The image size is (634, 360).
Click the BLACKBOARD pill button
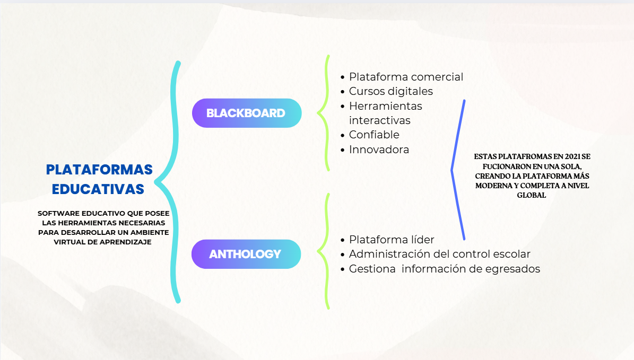point(247,113)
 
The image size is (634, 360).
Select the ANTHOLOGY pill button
point(246,254)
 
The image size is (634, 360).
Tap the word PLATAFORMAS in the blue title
point(99,170)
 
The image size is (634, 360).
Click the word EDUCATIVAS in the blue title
point(98,189)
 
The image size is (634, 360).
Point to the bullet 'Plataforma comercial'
point(406,77)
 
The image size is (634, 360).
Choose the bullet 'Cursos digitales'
point(390,91)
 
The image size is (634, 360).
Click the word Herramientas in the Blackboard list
point(385,106)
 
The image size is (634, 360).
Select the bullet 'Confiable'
point(374,135)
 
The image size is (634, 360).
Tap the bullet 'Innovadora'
point(379,150)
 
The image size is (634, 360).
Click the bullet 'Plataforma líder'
point(392,240)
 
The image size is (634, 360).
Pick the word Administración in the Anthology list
point(389,254)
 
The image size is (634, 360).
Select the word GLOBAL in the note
point(532,195)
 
